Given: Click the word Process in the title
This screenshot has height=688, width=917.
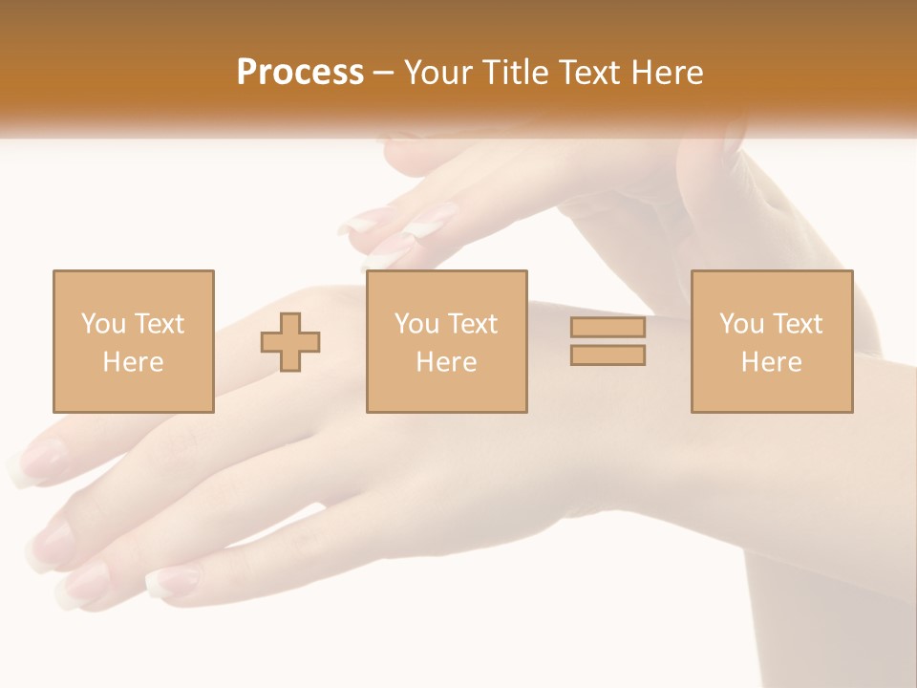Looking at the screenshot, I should tap(300, 73).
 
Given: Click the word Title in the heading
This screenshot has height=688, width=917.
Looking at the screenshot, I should tap(514, 73).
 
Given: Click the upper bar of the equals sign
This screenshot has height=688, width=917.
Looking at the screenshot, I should tap(608, 328).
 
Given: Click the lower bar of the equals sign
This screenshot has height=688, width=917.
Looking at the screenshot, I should tap(608, 355).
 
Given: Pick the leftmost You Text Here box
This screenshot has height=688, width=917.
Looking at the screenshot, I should tap(133, 341).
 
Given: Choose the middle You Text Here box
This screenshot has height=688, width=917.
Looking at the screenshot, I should tap(446, 341).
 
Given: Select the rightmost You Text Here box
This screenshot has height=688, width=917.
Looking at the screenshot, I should tap(772, 341).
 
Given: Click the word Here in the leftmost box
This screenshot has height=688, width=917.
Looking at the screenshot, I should tap(133, 362).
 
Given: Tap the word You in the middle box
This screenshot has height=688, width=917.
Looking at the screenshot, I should tap(416, 324).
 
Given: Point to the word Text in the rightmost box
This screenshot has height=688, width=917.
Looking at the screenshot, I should tap(797, 324).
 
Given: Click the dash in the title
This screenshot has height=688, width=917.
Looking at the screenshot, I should tap(384, 73).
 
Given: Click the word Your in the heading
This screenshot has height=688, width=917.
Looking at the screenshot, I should tap(437, 73).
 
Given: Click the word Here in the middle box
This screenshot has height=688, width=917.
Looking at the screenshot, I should tap(446, 362).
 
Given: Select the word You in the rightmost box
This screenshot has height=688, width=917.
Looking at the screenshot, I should tap(741, 324).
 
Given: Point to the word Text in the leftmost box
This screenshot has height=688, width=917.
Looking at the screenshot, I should tap(159, 324).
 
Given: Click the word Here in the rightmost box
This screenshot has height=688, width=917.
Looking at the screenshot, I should tap(772, 362).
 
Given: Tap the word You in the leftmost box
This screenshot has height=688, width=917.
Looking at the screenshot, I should tap(103, 324).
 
